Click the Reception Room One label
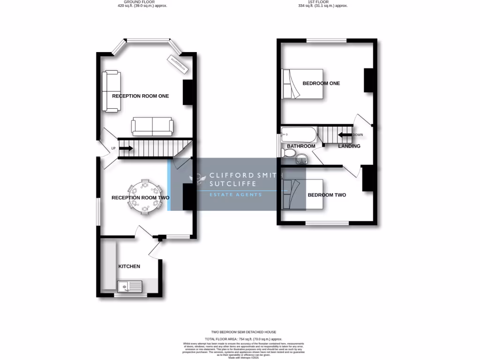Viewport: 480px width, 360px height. (140, 96)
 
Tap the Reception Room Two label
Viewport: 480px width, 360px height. (140, 198)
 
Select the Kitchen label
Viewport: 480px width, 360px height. (129, 266)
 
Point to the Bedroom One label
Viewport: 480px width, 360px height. (321, 83)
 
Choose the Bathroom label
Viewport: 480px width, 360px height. (300, 146)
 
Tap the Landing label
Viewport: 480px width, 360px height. (349, 146)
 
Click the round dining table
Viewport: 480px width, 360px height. (146, 197)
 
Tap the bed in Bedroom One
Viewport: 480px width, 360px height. (302, 84)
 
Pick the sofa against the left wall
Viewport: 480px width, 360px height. (112, 91)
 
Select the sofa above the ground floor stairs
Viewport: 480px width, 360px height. (152, 127)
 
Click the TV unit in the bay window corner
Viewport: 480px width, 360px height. (178, 64)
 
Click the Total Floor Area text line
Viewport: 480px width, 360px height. (243, 338)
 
